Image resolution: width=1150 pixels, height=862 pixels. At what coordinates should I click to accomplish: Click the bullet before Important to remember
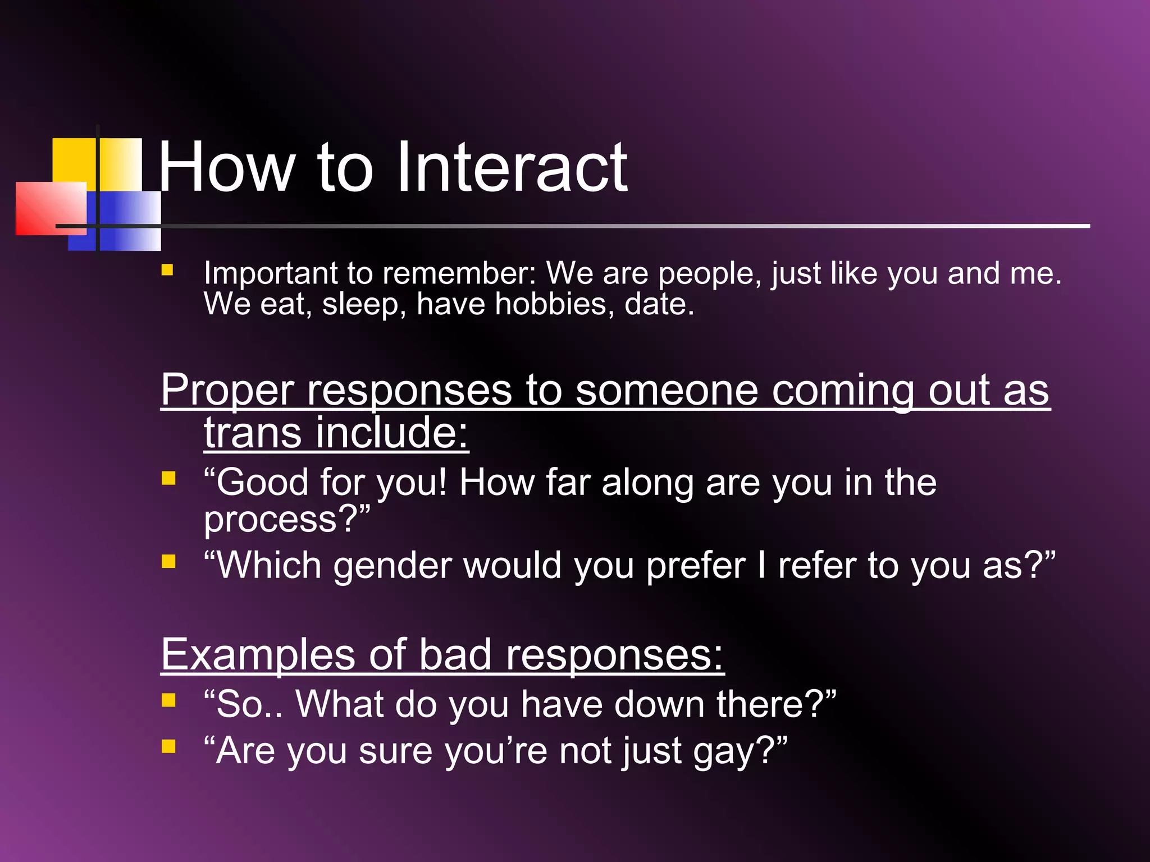[167, 270]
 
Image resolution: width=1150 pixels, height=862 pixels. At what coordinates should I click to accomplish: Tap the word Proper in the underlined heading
[227, 389]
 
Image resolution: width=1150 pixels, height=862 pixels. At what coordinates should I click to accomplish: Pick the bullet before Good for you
[168, 478]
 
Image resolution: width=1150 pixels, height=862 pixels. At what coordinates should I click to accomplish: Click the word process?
[286, 520]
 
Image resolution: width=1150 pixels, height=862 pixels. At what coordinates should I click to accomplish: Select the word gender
[393, 566]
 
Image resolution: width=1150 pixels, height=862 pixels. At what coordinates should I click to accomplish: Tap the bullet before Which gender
[168, 561]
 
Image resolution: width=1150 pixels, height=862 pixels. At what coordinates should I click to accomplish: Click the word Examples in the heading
[258, 655]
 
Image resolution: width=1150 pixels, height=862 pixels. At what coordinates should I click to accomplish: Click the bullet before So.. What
[168, 700]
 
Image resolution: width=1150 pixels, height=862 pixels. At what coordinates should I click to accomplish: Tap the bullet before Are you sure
[168, 746]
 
